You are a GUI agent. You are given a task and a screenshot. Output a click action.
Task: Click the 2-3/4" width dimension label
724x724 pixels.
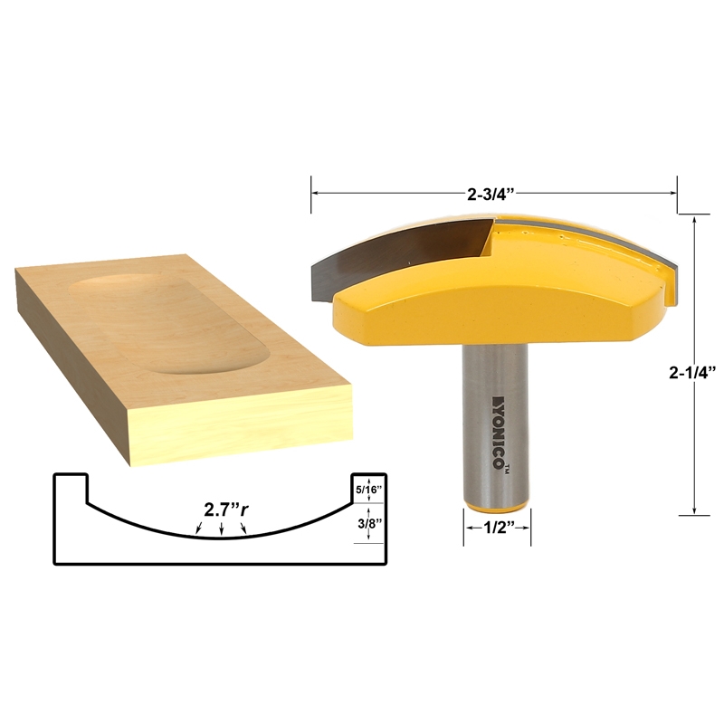494,192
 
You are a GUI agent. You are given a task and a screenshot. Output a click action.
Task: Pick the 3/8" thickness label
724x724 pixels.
370,525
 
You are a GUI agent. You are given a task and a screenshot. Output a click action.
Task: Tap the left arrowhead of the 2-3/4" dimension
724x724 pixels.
316,192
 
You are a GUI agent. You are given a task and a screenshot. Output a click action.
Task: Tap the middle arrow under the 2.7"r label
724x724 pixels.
222,530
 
